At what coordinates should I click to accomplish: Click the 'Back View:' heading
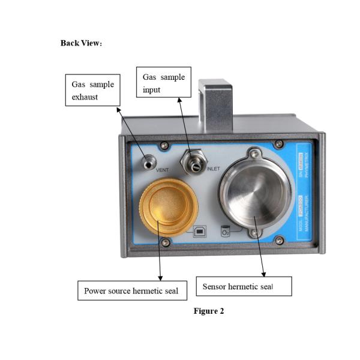81,43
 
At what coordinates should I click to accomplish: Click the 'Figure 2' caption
209,311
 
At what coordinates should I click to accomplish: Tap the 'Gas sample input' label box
163,83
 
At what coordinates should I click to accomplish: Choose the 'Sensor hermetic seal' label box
244,286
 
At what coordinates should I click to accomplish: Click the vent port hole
146,161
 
